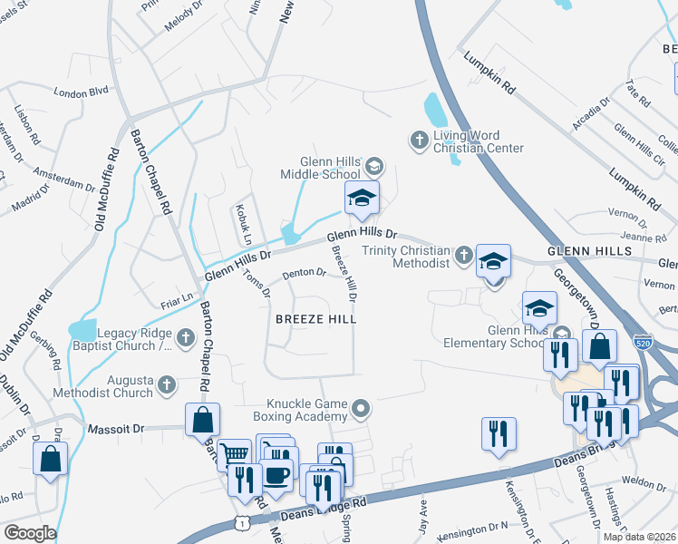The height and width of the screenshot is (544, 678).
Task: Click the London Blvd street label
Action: (81, 92)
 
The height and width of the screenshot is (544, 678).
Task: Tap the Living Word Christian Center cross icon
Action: (419, 140)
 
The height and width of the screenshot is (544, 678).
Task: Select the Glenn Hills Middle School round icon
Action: (374, 167)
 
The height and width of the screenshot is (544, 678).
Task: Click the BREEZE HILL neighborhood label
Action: (315, 319)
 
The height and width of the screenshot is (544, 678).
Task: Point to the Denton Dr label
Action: (304, 272)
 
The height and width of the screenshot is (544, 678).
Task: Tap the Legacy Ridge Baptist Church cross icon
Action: (186, 338)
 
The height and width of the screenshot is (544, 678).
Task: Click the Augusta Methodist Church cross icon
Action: (166, 385)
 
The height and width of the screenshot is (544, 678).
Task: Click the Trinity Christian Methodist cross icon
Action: (463, 255)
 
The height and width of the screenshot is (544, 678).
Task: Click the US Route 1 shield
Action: (241, 523)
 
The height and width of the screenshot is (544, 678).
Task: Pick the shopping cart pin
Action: (235, 453)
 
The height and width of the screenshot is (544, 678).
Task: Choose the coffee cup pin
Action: (276, 473)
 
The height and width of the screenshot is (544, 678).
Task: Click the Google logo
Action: (30, 533)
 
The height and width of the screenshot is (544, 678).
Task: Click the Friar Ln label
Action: (177, 296)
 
